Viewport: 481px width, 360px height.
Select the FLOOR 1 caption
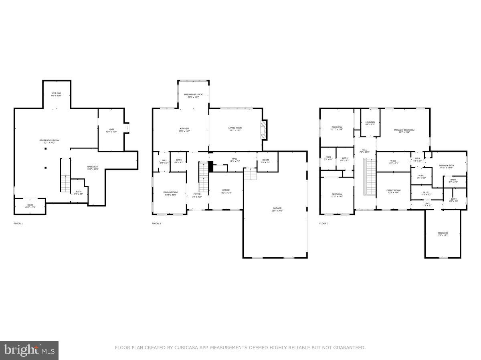18,223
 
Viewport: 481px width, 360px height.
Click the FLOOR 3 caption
324,223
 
